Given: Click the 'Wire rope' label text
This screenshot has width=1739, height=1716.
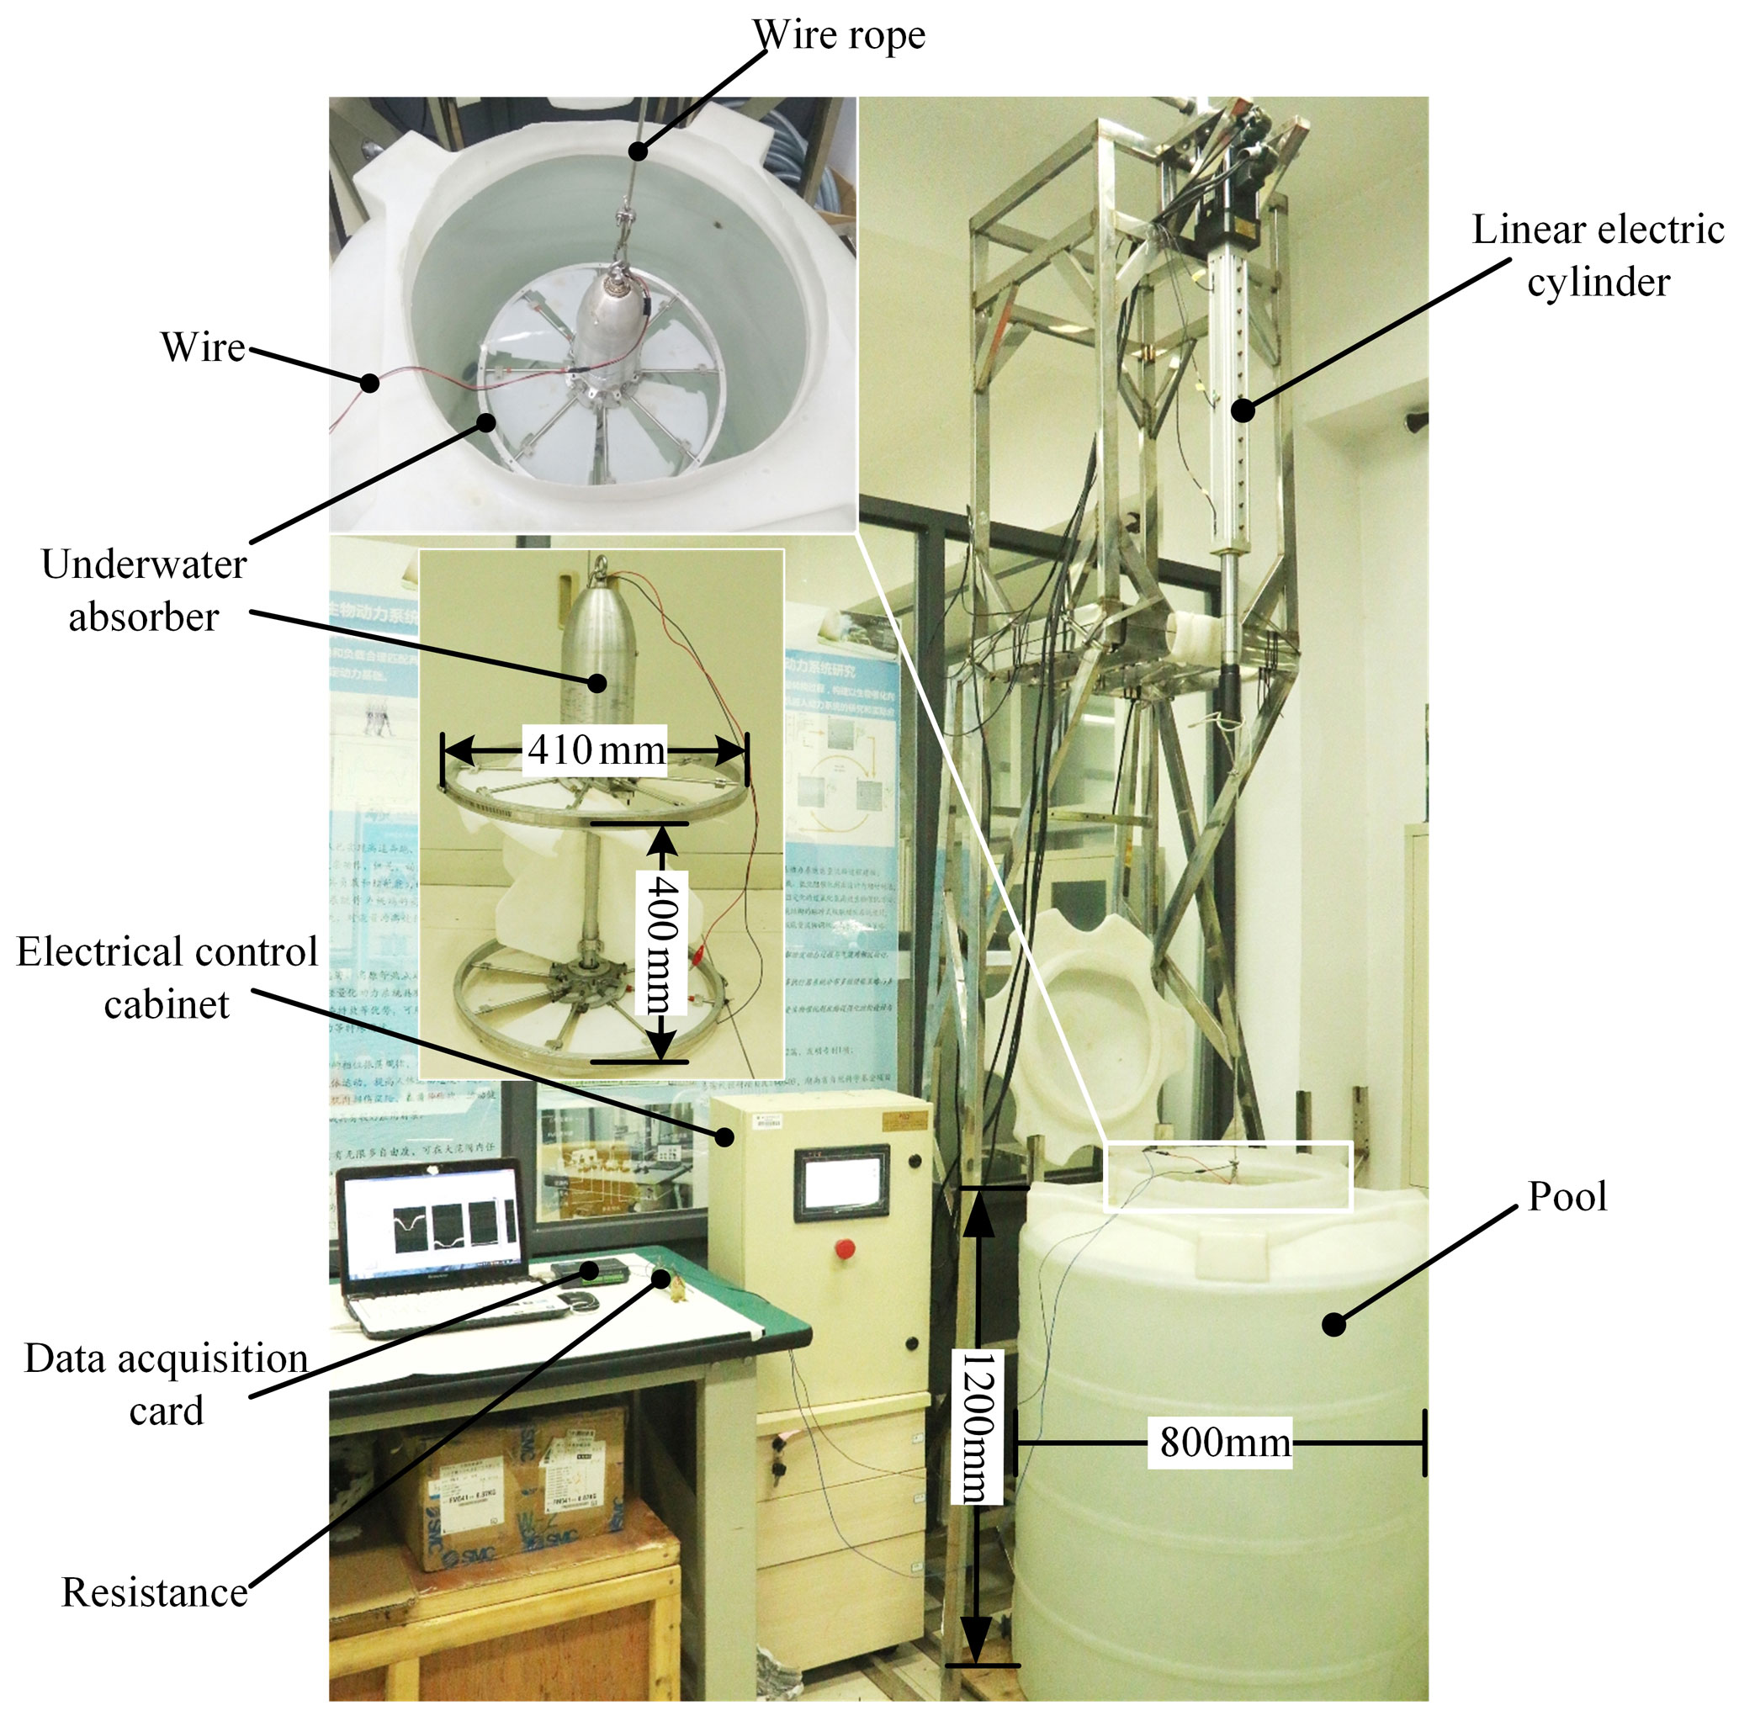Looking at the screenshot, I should tap(838, 36).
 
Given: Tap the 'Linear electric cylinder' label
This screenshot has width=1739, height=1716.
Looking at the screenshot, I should tap(1598, 256).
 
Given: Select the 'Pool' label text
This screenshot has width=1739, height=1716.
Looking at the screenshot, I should tap(1567, 1197).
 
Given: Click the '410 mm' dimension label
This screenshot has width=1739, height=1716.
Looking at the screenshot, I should tap(596, 749).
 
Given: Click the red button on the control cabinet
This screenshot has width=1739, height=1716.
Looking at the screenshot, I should tap(845, 1249).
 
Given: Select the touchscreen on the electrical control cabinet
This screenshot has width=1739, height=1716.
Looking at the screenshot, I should tap(841, 1183).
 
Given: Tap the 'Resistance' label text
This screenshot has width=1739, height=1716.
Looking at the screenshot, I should tap(154, 1592).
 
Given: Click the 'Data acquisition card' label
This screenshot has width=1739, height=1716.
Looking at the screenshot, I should tap(167, 1384).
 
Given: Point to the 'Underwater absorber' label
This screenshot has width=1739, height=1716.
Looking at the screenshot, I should tap(144, 591).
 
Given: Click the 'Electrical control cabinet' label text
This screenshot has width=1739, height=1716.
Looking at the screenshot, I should tap(167, 977).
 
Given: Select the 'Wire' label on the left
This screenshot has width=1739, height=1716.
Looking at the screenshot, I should tap(203, 347).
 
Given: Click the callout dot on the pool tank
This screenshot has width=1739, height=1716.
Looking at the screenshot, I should tap(1333, 1325).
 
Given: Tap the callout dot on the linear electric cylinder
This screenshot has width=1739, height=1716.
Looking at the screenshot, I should tap(1242, 410).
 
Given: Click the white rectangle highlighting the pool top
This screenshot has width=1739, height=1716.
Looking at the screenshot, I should tap(1227, 1176).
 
